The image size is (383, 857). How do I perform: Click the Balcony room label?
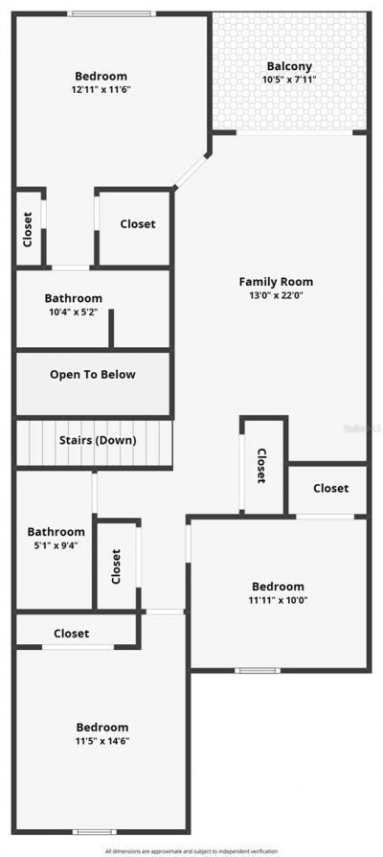click(x=290, y=66)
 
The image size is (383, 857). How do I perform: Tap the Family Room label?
click(x=276, y=282)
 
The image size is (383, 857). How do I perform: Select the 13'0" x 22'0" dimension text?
click(x=276, y=296)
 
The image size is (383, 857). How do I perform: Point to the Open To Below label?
click(x=93, y=375)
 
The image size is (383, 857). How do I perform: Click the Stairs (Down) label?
click(x=93, y=440)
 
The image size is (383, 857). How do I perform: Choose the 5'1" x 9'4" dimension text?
click(x=56, y=545)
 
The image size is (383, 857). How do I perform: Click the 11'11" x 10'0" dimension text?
click(x=278, y=601)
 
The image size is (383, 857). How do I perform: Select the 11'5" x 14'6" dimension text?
click(x=102, y=741)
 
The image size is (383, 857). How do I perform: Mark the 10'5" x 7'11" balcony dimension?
click(x=290, y=80)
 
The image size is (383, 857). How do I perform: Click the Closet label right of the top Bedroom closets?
click(x=137, y=224)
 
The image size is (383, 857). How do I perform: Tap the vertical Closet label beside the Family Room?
click(x=260, y=466)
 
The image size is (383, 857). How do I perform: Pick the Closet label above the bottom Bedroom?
click(x=72, y=634)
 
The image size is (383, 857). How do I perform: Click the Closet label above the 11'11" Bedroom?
click(x=330, y=488)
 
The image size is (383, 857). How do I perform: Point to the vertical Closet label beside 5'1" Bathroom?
click(x=117, y=566)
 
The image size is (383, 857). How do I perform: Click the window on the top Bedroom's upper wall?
click(x=111, y=13)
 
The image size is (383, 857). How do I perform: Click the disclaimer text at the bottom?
click(x=191, y=851)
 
